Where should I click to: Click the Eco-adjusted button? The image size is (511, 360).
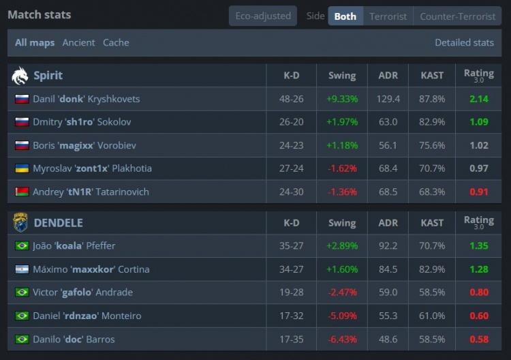263,16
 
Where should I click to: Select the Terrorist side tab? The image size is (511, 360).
388,16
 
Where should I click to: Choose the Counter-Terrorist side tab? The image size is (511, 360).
457,16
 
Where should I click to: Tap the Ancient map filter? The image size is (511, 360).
78,42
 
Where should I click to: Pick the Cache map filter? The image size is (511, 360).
116,42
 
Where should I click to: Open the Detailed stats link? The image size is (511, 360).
464,42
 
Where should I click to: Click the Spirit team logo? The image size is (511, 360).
20,75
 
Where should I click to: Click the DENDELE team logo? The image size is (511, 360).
20,222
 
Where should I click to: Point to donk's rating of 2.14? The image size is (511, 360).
479,99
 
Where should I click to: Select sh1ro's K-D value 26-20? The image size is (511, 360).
291,122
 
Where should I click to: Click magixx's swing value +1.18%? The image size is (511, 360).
342,145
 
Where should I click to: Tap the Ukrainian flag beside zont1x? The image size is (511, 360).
22,168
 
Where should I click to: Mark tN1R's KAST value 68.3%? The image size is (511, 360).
432,192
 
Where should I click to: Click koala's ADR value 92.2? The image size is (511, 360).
388,245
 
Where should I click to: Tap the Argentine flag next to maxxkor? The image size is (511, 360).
22,269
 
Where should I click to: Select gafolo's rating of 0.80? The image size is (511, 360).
479,292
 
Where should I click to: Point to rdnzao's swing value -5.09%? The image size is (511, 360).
342,316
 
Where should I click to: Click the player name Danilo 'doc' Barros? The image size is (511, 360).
74,339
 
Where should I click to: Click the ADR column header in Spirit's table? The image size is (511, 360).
388,75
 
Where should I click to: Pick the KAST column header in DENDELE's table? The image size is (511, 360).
432,223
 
